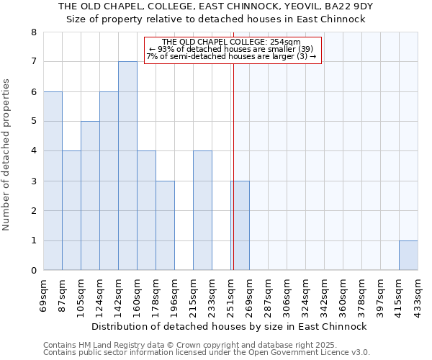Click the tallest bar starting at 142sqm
[x=127, y=166]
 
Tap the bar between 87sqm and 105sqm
[x=71, y=210]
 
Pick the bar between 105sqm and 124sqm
[x=90, y=196]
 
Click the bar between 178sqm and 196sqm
[x=165, y=225]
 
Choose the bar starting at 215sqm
[x=202, y=210]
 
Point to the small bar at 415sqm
[x=408, y=256]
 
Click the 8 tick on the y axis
[x=33, y=32]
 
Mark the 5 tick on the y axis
[x=33, y=122]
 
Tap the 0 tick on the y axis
[x=33, y=271]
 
